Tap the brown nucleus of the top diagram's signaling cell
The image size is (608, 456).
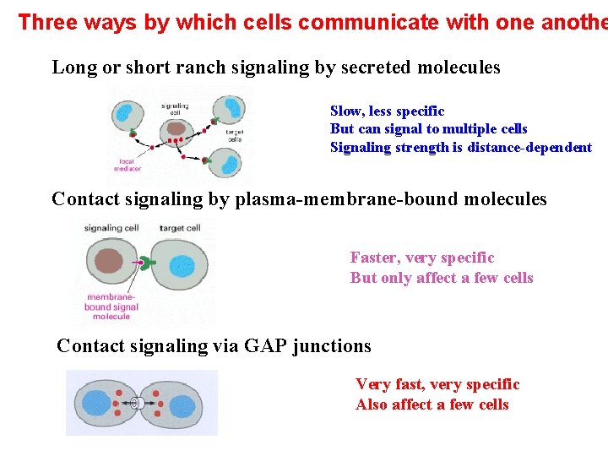pos(176,129)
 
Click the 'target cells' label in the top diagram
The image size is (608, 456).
pos(234,135)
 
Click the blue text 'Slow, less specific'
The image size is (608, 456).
pos(387,111)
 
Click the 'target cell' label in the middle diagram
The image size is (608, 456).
pos(180,228)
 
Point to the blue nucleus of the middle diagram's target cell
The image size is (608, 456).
pos(182,267)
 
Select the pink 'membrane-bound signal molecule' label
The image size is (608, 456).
pos(111,307)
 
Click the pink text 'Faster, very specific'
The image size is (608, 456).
pos(422,258)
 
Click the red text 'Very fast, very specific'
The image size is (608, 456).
pos(437,385)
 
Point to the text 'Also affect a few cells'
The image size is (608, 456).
pos(432,404)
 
